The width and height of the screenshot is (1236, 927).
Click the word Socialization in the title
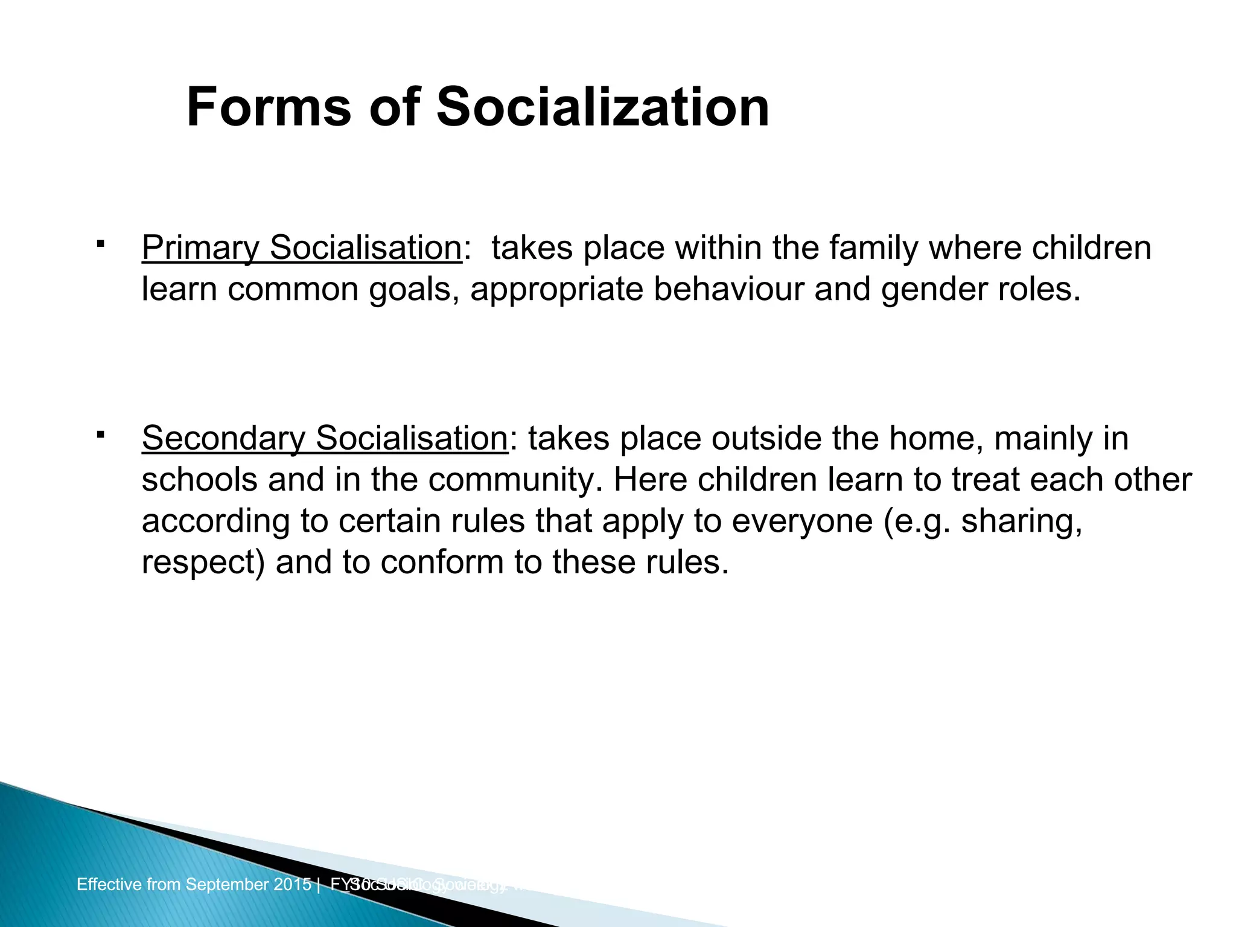(x=602, y=107)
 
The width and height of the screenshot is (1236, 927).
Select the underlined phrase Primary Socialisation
(x=302, y=248)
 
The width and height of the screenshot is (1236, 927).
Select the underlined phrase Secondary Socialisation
(x=325, y=438)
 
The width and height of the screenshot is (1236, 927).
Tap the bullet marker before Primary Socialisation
(x=100, y=244)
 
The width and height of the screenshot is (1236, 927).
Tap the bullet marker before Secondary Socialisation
(x=100, y=435)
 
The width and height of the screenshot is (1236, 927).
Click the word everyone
(x=801, y=521)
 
